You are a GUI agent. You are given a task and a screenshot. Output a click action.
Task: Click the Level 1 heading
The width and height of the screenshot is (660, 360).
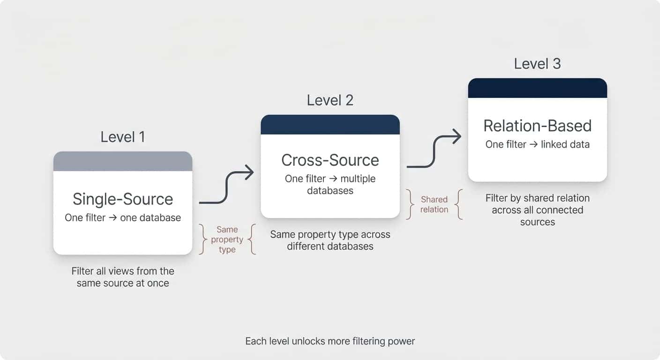(x=123, y=137)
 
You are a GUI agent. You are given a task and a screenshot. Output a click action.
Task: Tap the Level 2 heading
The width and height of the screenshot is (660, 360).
(x=330, y=100)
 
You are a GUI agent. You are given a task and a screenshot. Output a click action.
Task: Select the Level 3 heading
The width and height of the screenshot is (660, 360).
(x=537, y=64)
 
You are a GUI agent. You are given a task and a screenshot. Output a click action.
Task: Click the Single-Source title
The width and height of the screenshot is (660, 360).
(x=123, y=199)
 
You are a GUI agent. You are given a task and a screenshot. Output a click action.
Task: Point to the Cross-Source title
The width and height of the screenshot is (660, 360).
(x=330, y=160)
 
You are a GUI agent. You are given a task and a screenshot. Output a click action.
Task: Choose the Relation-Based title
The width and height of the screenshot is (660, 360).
(x=537, y=126)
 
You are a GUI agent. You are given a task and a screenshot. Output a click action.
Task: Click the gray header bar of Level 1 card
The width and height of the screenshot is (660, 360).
(x=123, y=161)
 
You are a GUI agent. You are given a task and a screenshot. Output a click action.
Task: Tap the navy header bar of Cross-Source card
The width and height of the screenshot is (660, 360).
(x=330, y=125)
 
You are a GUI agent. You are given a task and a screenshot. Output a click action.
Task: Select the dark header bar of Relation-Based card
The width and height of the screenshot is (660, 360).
(x=537, y=88)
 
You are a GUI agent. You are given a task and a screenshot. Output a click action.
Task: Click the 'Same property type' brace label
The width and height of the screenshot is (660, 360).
(x=227, y=240)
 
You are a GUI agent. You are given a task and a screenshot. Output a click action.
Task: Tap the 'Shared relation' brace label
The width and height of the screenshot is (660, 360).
(x=434, y=204)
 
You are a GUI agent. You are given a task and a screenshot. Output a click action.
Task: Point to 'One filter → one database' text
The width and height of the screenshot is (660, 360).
(x=123, y=218)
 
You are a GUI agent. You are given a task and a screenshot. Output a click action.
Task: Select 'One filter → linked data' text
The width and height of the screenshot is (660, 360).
(x=537, y=144)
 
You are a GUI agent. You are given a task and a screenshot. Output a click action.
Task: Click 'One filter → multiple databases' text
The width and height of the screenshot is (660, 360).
(x=330, y=185)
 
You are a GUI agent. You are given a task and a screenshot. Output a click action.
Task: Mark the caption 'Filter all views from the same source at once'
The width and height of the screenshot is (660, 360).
(x=123, y=277)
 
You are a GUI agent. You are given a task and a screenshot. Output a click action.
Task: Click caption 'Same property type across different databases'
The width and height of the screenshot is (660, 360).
(x=330, y=240)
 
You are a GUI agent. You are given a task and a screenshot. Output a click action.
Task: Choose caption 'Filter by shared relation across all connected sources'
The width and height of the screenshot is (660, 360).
(x=537, y=210)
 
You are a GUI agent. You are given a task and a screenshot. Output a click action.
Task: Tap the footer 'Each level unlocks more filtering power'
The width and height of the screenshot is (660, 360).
(x=330, y=341)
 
